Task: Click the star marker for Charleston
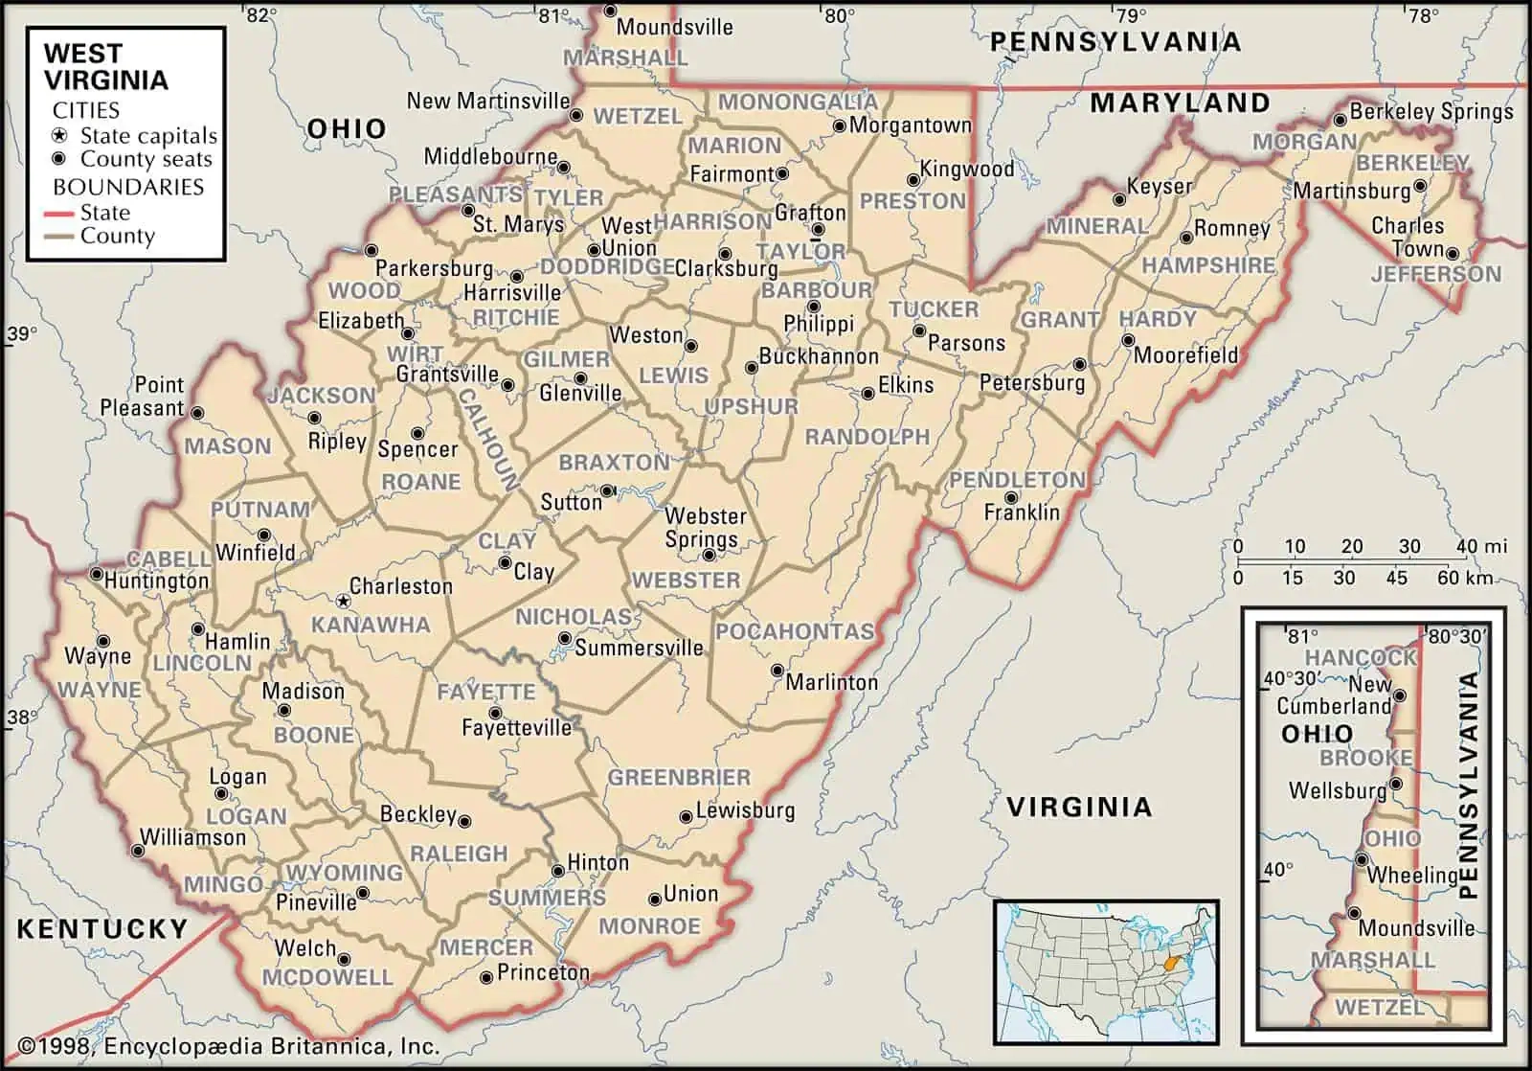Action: click(x=343, y=602)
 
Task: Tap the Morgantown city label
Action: click(x=910, y=125)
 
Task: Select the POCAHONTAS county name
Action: click(x=795, y=631)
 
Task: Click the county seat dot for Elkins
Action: click(x=867, y=393)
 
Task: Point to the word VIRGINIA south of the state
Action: click(x=1078, y=807)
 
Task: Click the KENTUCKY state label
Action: click(x=102, y=927)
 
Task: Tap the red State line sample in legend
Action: click(x=60, y=213)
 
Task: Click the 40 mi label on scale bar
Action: click(x=1481, y=547)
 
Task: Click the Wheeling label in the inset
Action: click(x=1412, y=875)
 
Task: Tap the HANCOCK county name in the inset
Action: click(x=1361, y=657)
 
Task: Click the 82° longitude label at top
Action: click(x=260, y=14)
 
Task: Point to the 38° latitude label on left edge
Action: click(x=22, y=718)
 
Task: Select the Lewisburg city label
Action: click(x=745, y=810)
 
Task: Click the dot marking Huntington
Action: click(x=96, y=575)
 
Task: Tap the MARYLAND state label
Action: click(x=1180, y=103)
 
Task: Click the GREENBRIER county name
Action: click(x=680, y=777)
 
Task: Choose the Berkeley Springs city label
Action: click(x=1431, y=112)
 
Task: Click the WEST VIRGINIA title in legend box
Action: click(x=105, y=66)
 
